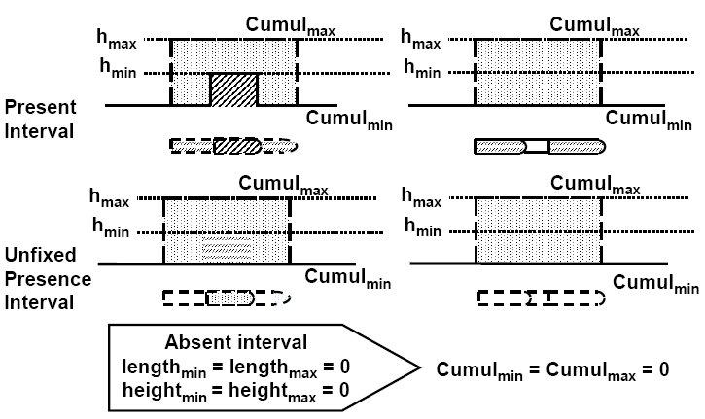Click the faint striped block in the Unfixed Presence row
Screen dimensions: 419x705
[x=228, y=252]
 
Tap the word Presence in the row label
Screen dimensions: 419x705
[x=47, y=279]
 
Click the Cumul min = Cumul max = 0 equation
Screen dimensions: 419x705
[x=552, y=369]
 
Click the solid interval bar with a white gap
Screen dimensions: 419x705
[x=540, y=147]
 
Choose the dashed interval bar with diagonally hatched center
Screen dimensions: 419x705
[x=233, y=147]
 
